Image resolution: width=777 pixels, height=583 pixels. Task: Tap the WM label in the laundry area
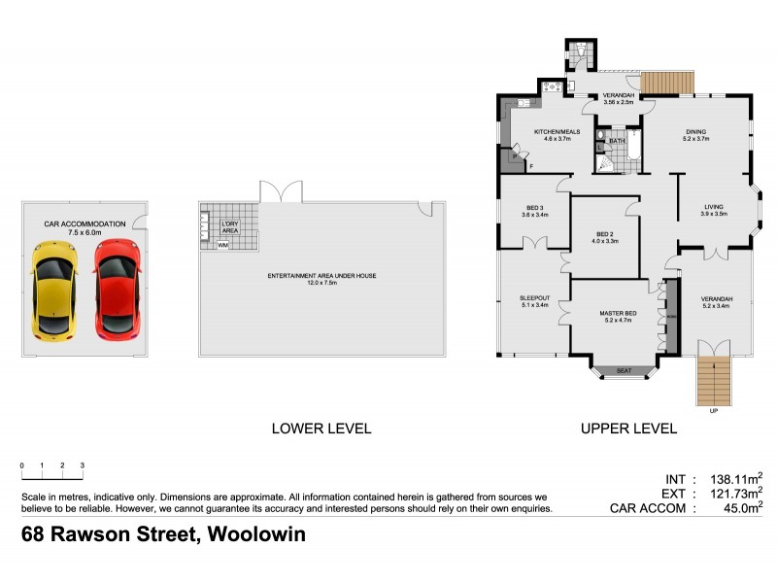[223, 245]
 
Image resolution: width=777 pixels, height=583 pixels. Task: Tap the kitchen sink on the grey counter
[522, 103]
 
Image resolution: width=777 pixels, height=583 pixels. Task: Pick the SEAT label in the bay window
[624, 369]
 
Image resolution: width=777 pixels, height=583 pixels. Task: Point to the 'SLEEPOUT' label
[535, 298]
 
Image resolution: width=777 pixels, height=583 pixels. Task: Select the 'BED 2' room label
[605, 233]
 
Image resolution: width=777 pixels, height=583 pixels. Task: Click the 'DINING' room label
[695, 132]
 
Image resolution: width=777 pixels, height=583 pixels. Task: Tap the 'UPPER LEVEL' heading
[627, 429]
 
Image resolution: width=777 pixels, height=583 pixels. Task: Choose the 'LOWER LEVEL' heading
[321, 429]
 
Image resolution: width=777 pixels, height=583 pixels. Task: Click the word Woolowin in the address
[252, 534]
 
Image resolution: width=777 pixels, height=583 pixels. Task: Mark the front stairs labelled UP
[714, 382]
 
